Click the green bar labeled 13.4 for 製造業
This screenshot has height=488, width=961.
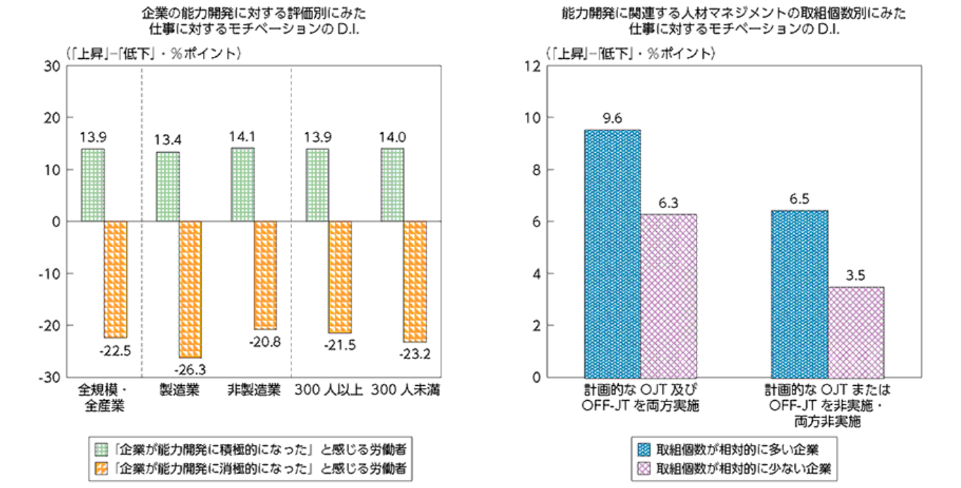(x=168, y=187)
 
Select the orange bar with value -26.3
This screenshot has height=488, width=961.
(x=190, y=289)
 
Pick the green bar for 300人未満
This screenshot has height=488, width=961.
(x=392, y=185)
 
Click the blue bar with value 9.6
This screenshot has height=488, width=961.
(x=613, y=253)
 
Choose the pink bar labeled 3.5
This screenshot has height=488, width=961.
(x=856, y=332)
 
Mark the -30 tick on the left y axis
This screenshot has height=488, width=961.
(x=53, y=377)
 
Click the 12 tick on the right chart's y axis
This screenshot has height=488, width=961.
(x=532, y=66)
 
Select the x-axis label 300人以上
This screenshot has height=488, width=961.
(x=328, y=391)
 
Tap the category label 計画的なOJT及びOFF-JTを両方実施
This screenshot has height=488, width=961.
(x=640, y=399)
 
